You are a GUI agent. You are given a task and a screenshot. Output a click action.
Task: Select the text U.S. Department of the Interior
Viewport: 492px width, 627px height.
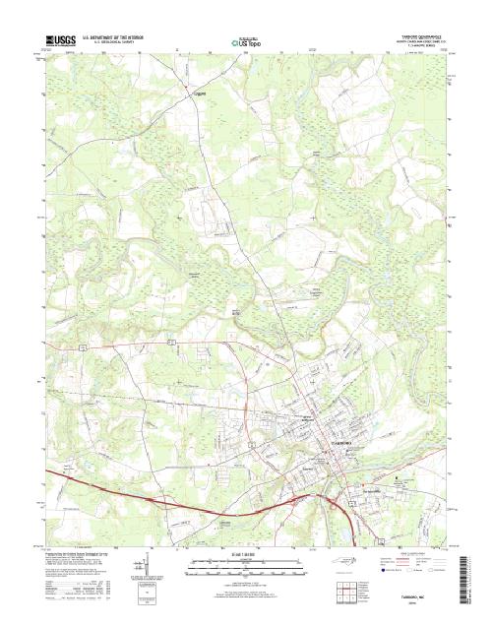click(x=117, y=35)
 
